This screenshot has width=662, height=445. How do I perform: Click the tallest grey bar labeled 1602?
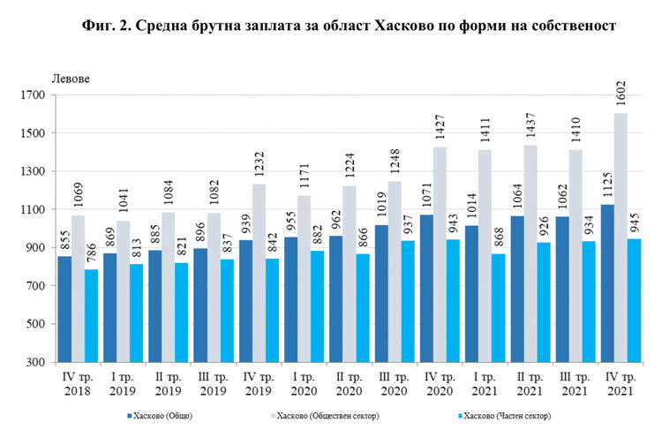click(x=621, y=238)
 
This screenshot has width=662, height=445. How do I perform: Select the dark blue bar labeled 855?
click(x=64, y=309)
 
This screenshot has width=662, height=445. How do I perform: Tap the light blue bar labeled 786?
click(x=93, y=315)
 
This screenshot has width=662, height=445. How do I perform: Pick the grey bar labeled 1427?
click(x=440, y=254)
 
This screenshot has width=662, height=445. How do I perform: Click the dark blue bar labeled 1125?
click(x=606, y=283)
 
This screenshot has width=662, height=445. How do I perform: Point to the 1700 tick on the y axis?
click(x=32, y=95)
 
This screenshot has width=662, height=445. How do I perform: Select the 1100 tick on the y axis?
click(x=32, y=210)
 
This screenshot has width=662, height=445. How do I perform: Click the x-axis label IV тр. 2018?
click(x=79, y=385)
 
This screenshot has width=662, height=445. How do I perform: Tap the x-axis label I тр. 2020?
click(x=305, y=385)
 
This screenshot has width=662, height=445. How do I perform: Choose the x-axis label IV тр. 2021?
click(x=621, y=385)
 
